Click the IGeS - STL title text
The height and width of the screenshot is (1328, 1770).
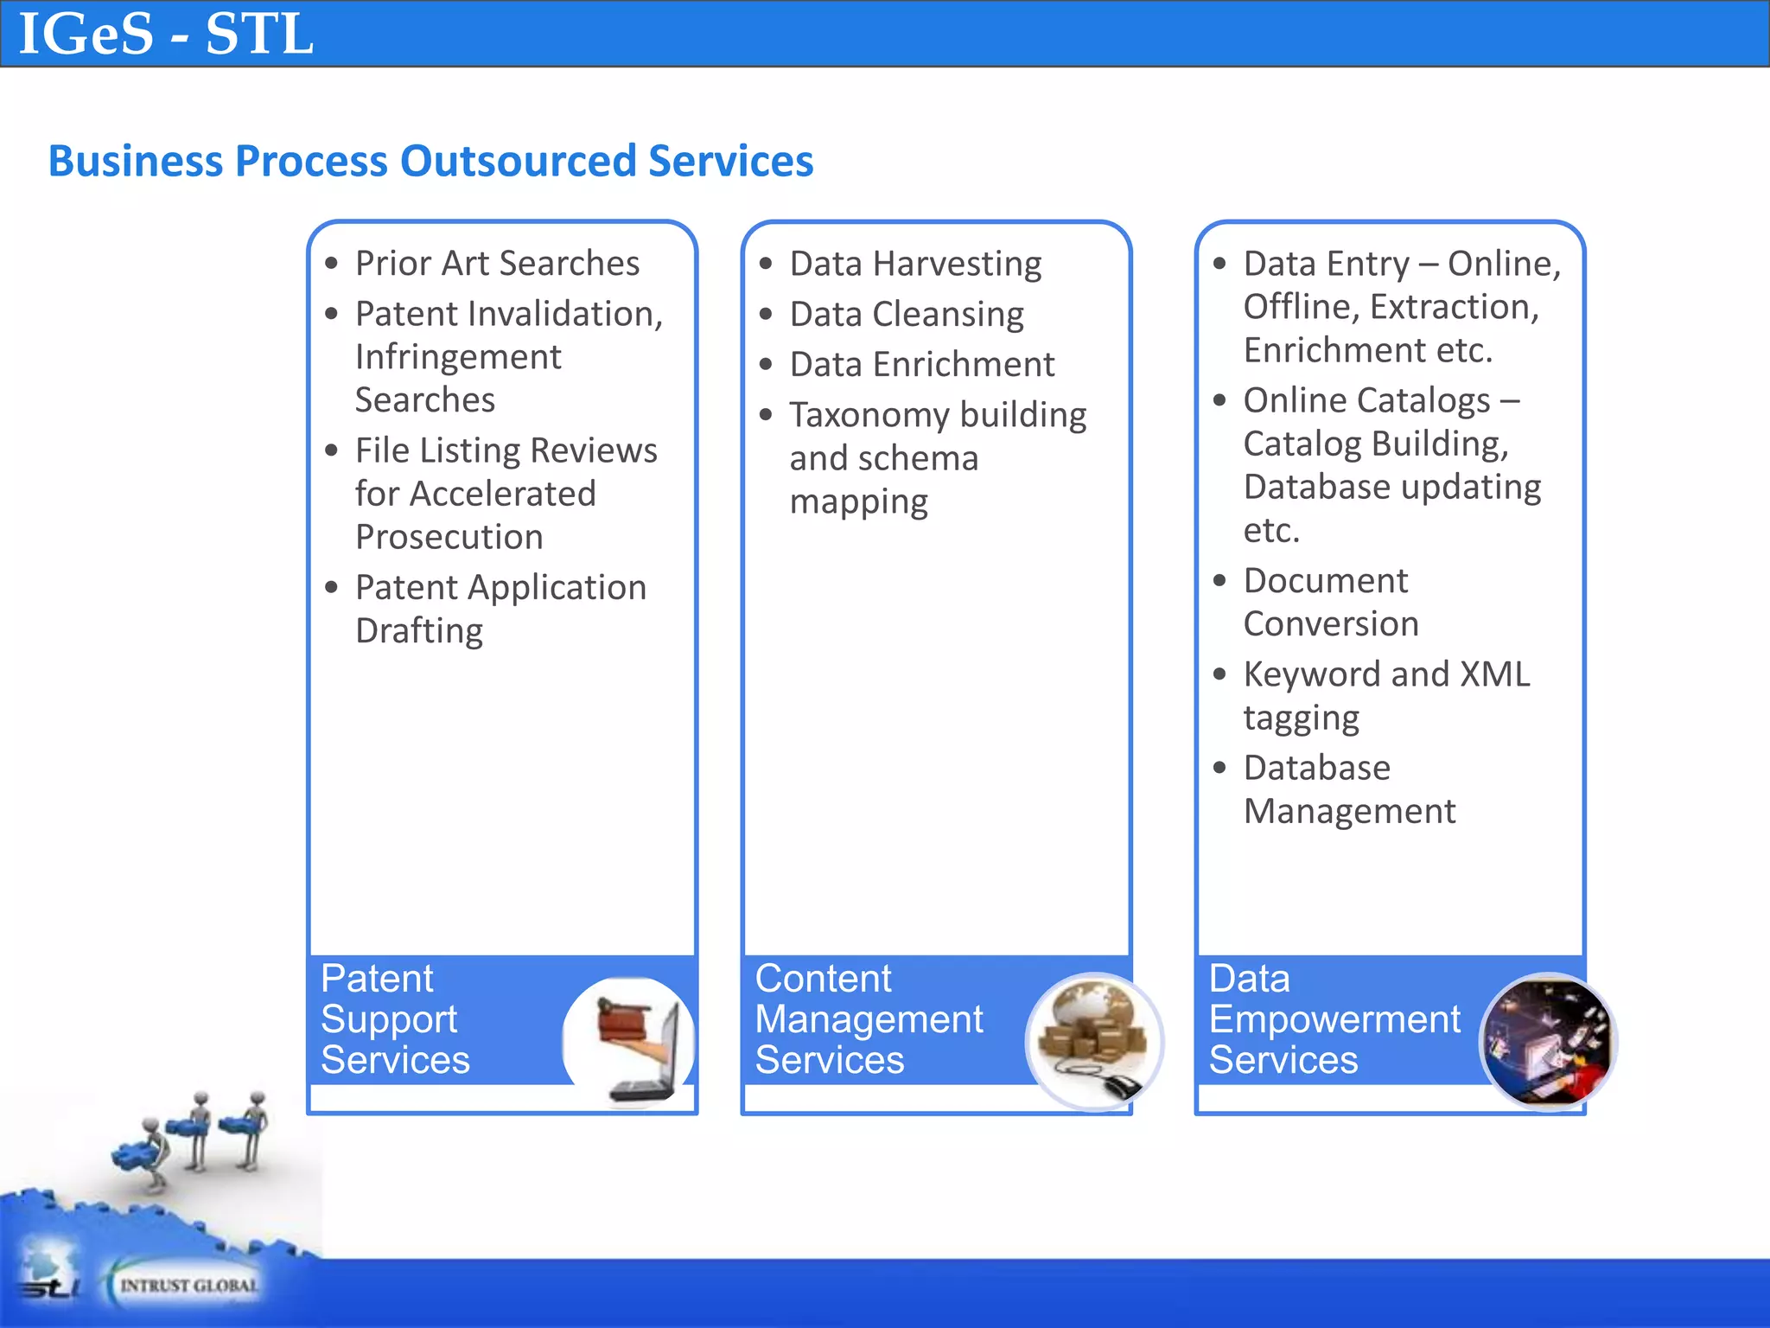click(x=165, y=35)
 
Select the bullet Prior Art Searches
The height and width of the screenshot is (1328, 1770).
click(x=497, y=263)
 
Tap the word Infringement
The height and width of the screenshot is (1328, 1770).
click(x=458, y=357)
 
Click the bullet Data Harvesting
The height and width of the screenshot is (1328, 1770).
click(x=914, y=264)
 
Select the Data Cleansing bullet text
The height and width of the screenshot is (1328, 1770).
click(x=906, y=314)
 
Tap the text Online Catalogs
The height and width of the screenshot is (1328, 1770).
click(x=1366, y=400)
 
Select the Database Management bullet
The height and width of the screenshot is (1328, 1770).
click(x=1348, y=789)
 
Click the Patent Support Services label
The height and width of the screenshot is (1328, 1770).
click(x=394, y=1019)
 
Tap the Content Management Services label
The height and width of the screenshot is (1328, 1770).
click(x=868, y=1019)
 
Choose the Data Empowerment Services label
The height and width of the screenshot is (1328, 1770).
click(x=1334, y=1019)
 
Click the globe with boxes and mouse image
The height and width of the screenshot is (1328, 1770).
click(x=1094, y=1042)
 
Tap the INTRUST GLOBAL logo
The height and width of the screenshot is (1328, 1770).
click(x=188, y=1285)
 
